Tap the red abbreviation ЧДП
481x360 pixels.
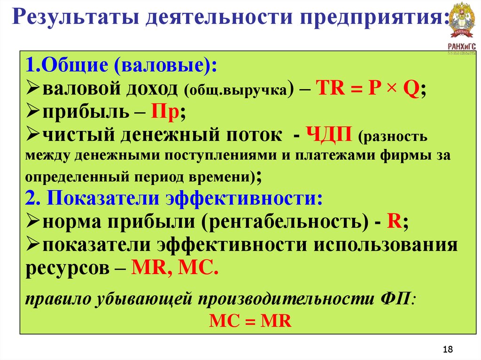[329, 135]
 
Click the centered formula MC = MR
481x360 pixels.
[250, 322]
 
